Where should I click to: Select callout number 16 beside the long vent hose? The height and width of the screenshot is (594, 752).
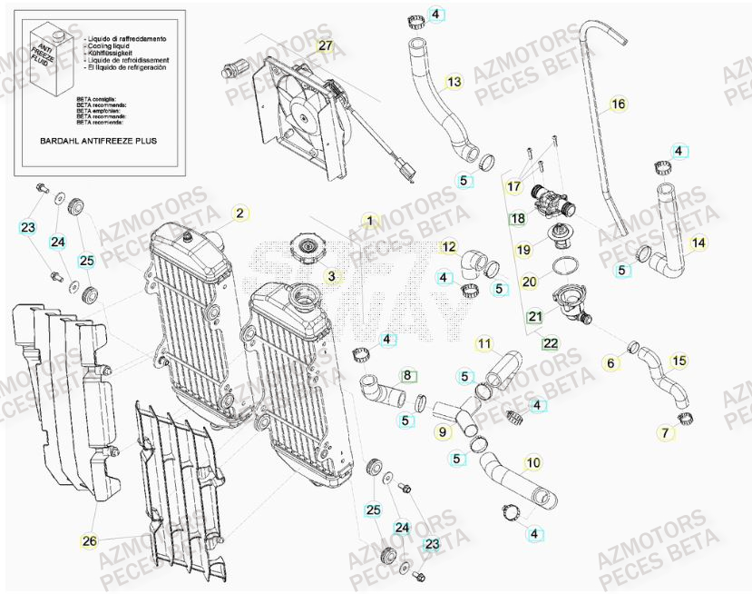coord(618,104)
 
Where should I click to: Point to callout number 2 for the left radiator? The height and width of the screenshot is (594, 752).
coord(239,213)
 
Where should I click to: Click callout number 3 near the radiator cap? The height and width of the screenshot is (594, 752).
coord(332,275)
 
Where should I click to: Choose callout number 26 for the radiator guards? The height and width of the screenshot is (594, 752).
coord(89,542)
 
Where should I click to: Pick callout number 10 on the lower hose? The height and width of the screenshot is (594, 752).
coord(532,463)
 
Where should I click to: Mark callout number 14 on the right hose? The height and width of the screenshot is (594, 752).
coord(698,243)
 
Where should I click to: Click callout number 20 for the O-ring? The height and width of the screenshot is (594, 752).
coord(530,282)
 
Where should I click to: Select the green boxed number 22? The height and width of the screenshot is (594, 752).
coord(550,343)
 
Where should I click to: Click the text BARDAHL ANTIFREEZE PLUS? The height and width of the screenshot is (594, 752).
coord(99,143)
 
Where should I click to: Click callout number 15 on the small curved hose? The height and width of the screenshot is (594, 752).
coord(678,361)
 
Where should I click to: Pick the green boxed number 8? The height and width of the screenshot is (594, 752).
coord(408,373)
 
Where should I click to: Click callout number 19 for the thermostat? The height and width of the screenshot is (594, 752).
coord(524,249)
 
